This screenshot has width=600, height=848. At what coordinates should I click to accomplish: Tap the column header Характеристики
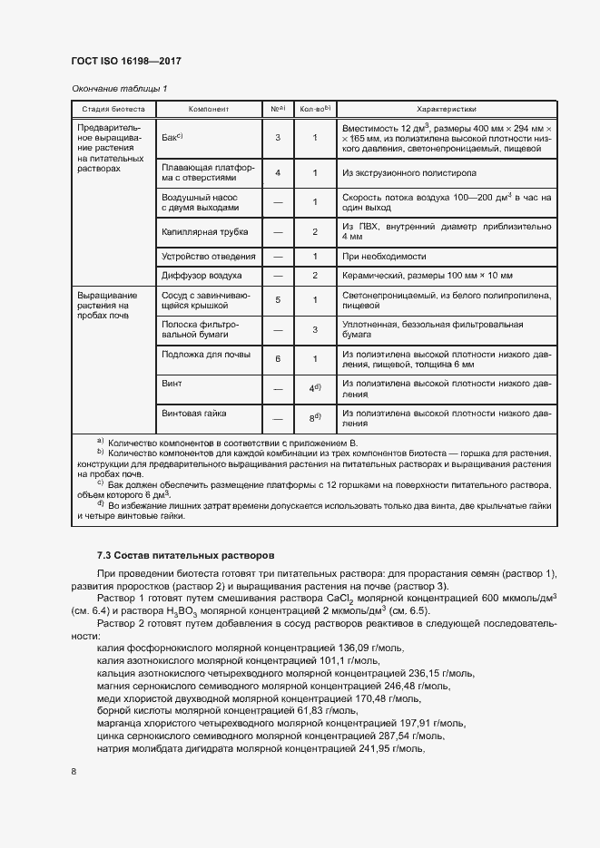pos(446,109)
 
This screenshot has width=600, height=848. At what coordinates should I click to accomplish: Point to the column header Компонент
pos(208,109)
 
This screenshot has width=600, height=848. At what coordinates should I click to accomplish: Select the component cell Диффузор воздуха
pos(202,275)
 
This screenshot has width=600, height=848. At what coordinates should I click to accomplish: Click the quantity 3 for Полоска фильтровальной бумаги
pos(314,329)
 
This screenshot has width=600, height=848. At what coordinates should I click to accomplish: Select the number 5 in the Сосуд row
pos(277,300)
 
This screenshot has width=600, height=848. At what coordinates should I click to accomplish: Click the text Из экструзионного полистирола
pos(408,172)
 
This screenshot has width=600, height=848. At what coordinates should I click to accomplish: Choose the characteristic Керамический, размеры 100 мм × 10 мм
pos(428,275)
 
